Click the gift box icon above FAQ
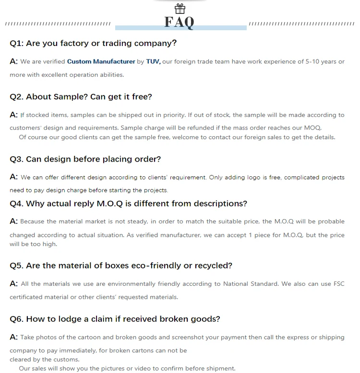point(180,9)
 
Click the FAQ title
point(180,22)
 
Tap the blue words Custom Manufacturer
point(101,61)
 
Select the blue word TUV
point(153,61)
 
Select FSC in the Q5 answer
point(339,284)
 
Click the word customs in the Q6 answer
point(67,359)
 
